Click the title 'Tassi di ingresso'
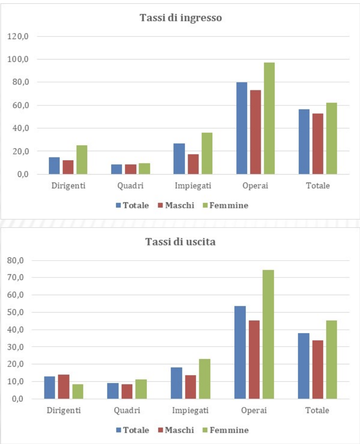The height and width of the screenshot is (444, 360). coord(180,18)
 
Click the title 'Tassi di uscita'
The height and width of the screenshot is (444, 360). coord(180,243)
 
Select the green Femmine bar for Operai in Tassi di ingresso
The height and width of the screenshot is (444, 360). coord(269,119)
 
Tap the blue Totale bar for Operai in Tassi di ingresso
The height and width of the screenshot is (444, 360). coord(241,128)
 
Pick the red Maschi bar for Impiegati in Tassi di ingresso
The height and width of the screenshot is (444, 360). coord(193,164)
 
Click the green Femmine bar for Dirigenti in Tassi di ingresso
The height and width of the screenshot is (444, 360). coord(82,160)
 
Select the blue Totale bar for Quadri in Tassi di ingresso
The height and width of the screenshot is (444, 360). coord(117,169)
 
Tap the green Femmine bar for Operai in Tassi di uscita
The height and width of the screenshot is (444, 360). coord(268,334)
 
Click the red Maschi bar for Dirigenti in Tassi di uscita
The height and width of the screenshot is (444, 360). coord(63,386)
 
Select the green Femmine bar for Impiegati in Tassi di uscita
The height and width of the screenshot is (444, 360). coord(205,379)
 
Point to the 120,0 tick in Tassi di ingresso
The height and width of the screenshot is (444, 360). coord(20,37)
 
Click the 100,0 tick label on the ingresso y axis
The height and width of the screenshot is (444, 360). coord(20,60)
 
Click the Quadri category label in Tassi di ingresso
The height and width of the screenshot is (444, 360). coord(130,186)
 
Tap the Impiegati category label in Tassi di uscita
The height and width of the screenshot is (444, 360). coord(190,411)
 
